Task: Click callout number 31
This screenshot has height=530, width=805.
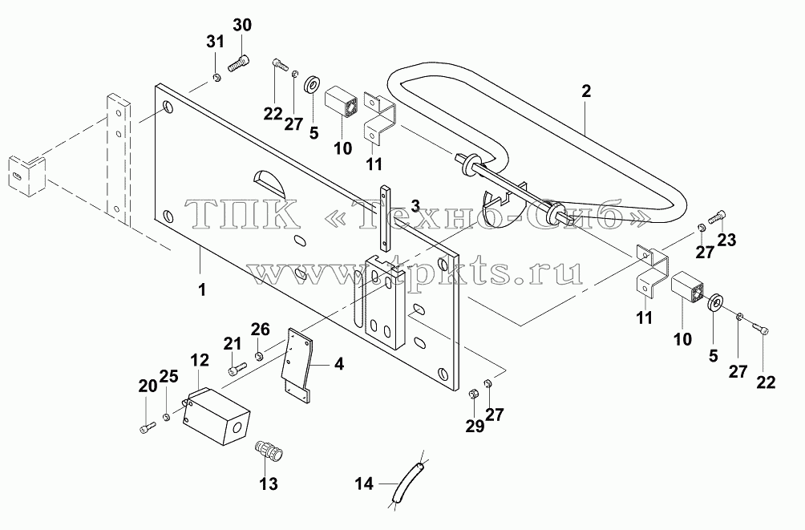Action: (x=215, y=42)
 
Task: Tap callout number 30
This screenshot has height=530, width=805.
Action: (x=242, y=25)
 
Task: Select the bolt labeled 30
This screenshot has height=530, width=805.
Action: (x=238, y=63)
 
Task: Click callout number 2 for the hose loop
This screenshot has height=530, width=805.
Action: (x=586, y=91)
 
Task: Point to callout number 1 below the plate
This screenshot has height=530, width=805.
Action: (x=202, y=289)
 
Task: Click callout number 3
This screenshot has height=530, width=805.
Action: (x=415, y=205)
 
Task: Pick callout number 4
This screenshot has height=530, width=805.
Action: (x=339, y=364)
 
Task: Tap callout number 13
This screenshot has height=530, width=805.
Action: (x=269, y=483)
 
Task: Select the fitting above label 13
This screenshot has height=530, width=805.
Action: (x=269, y=450)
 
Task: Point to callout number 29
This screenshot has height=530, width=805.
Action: (x=475, y=426)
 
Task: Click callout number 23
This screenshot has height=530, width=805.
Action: (x=727, y=240)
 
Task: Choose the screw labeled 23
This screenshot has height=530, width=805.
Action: (x=718, y=218)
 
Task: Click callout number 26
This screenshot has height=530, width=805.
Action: (x=261, y=330)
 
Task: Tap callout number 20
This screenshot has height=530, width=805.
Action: (x=148, y=386)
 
